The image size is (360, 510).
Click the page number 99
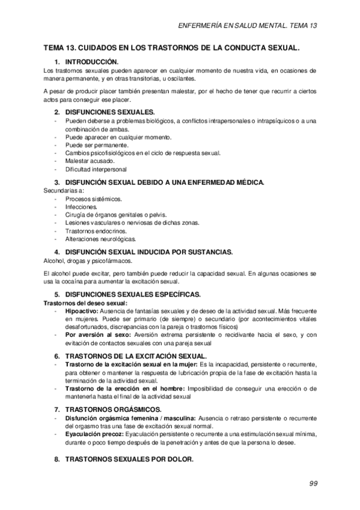[x=313, y=483]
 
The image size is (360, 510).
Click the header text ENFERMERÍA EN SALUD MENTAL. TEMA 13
[x=248, y=26]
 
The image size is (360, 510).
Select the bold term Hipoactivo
[x=82, y=312]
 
